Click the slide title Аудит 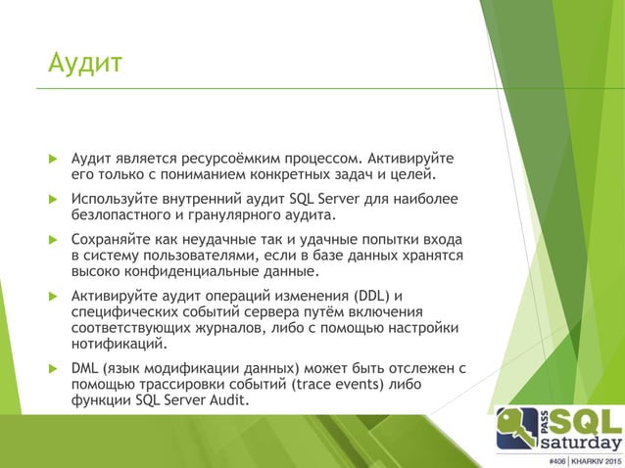pos(85,66)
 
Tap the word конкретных pos(279,175)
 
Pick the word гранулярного pos(236,216)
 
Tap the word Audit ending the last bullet pos(227,401)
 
